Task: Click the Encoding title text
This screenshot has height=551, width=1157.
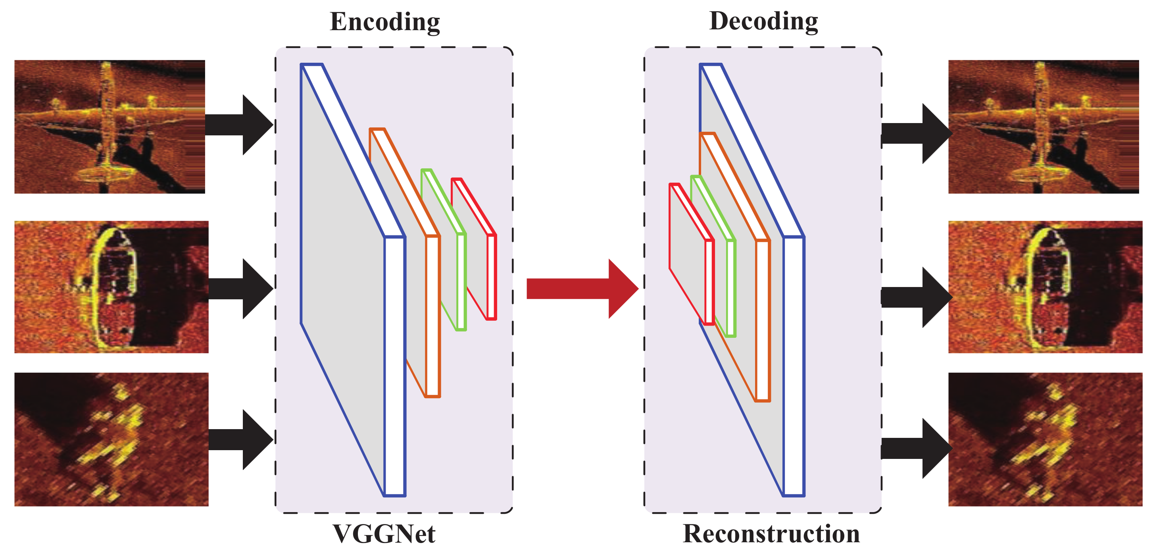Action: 384,21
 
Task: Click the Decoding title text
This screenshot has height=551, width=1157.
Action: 763,21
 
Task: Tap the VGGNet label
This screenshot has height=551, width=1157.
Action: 384,534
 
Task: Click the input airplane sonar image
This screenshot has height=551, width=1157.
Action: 110,127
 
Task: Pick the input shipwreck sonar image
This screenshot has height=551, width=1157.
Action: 111,287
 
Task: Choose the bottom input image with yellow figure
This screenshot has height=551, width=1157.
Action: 111,439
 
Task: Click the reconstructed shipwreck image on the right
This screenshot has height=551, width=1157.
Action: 1045,287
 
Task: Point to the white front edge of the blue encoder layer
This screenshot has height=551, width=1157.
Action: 395,366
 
